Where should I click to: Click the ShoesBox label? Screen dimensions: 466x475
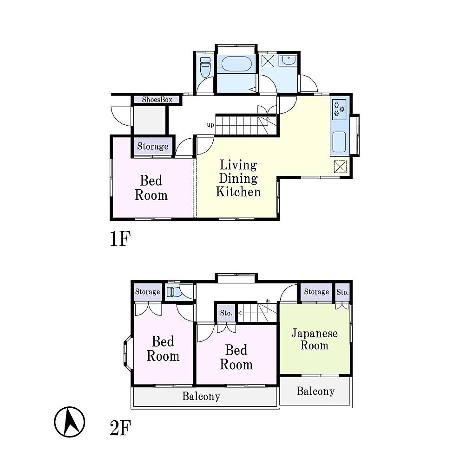click(157, 100)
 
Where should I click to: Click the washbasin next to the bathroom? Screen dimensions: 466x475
click(289, 61)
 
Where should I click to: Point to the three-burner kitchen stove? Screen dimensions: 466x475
click(339, 109)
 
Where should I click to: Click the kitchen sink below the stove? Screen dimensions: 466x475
click(339, 142)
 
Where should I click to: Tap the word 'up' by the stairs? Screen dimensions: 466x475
click(210, 125)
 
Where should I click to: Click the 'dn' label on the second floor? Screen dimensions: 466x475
click(268, 301)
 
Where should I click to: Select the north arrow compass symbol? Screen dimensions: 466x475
click(70, 422)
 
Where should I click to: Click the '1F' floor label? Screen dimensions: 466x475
click(120, 238)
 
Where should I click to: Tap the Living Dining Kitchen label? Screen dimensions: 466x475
click(238, 178)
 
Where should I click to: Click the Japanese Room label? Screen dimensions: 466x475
click(315, 339)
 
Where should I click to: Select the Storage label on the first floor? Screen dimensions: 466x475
click(152, 146)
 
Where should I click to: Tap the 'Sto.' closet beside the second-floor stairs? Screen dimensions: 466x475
click(226, 313)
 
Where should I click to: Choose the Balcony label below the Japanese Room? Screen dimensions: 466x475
click(315, 391)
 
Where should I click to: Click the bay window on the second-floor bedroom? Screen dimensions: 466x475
click(127, 353)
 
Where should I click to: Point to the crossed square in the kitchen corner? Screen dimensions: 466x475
click(340, 167)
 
